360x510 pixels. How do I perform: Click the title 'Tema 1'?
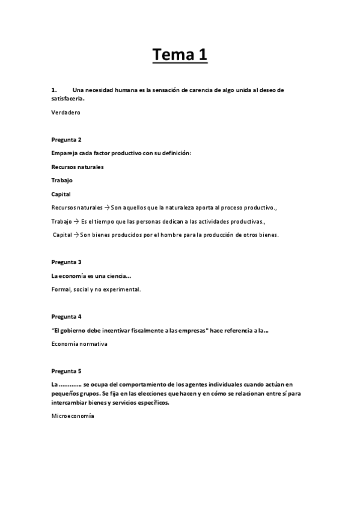point(180,56)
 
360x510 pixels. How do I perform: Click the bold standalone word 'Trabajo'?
point(63,180)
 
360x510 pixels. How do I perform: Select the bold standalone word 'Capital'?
point(61,194)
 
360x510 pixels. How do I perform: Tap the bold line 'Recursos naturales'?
point(78,167)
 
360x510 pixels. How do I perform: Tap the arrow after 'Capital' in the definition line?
point(76,235)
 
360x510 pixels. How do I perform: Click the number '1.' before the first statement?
point(54,90)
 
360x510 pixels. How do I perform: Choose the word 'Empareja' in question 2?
point(66,153)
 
